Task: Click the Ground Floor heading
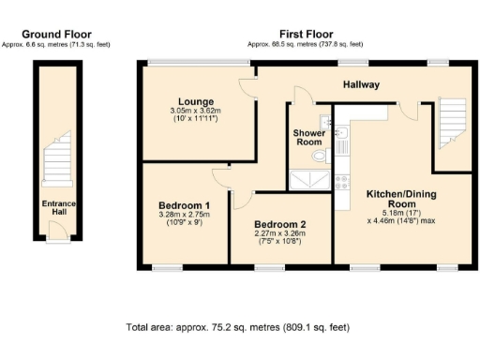point(58,34)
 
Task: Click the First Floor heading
point(307,34)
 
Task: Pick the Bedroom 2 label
point(280,224)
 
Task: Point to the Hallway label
point(361,84)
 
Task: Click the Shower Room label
point(308,138)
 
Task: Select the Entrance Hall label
point(58,207)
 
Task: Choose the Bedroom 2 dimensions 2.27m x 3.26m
point(280,233)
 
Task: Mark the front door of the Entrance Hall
point(58,239)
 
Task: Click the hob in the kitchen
point(342,179)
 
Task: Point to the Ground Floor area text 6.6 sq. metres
point(58,44)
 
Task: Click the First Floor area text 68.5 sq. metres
point(307,44)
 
